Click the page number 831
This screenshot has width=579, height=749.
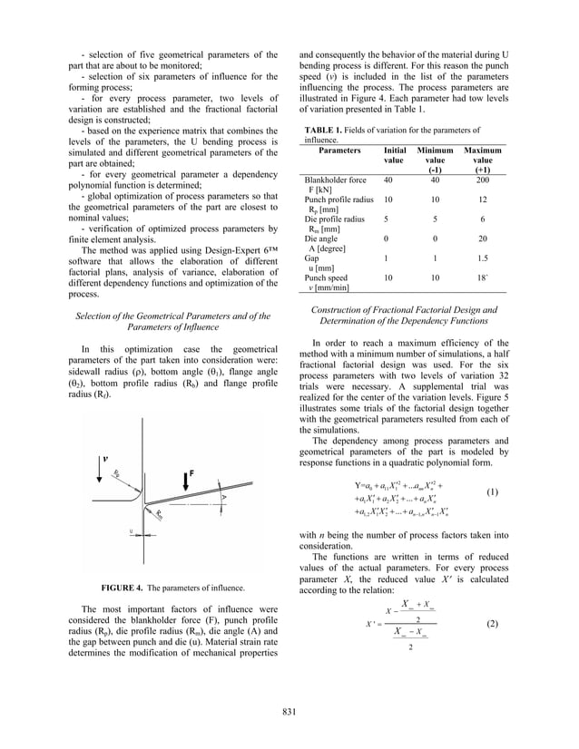tap(289, 712)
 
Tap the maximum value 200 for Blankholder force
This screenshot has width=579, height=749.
tap(482, 181)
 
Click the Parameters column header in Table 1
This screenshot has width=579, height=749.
tap(335, 150)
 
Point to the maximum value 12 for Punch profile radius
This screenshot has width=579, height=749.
tap(482, 199)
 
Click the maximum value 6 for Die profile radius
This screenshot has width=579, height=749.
tap(482, 219)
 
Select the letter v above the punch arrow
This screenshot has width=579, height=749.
tap(104, 457)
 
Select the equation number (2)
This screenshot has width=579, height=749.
tap(491, 624)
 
